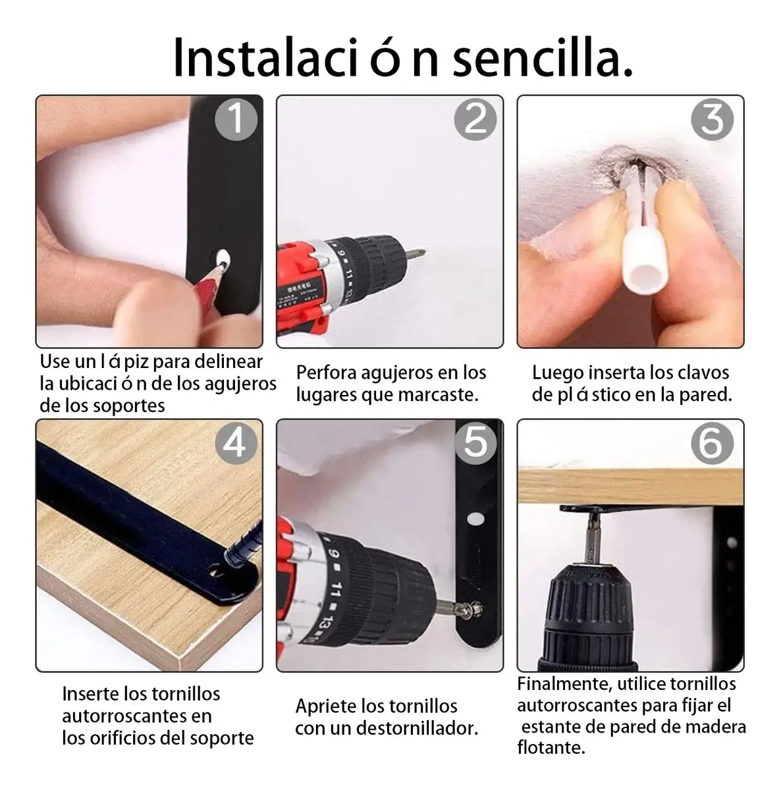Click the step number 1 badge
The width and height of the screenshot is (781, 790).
coord(236,119)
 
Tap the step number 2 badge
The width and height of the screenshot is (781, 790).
coord(475,119)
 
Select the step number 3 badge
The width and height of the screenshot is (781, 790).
coord(713,119)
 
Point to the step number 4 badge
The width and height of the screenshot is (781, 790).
coord(236,443)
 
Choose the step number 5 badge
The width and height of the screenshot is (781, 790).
coord(475,443)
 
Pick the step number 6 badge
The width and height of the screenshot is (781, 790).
coord(713,443)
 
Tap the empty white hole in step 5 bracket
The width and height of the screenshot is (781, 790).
coord(475,519)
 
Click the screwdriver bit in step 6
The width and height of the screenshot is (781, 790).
coord(591,537)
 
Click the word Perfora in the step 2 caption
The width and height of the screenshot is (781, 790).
coord(324,373)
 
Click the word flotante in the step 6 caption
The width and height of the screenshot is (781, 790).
coord(551,747)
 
